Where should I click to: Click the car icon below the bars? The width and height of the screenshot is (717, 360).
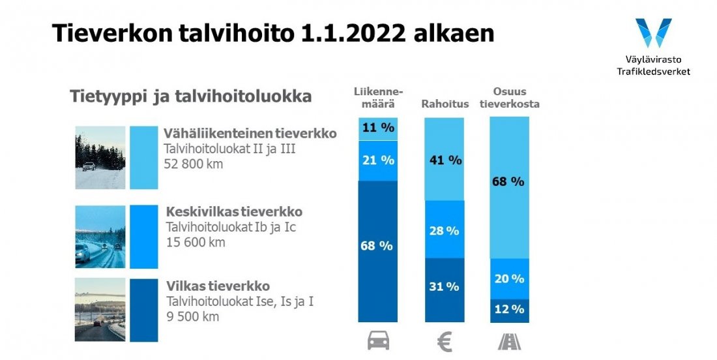coord(378,340)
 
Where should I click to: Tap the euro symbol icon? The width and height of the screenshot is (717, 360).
coord(445,341)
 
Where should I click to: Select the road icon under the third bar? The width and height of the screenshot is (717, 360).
coord(509,340)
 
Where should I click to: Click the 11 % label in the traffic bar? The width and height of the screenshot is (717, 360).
coord(377,128)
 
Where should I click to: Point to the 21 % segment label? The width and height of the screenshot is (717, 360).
coord(377,160)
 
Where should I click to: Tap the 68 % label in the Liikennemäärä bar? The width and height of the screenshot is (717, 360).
coord(377,245)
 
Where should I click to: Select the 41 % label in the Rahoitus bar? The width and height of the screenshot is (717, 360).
coord(445,160)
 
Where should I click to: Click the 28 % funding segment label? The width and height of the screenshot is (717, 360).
coord(444,231)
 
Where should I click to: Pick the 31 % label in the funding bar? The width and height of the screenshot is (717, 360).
coord(444,286)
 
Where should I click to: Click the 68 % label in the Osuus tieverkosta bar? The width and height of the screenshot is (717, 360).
coord(509,181)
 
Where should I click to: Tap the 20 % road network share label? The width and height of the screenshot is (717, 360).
coord(509,278)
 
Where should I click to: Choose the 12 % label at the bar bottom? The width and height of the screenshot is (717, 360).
coord(509,309)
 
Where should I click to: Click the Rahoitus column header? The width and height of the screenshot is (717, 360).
coord(445,104)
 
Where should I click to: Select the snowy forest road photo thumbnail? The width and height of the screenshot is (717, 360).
coord(100,157)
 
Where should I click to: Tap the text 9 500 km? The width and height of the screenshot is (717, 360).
coord(192,317)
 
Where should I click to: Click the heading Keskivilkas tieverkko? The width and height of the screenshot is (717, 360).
coord(234,212)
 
